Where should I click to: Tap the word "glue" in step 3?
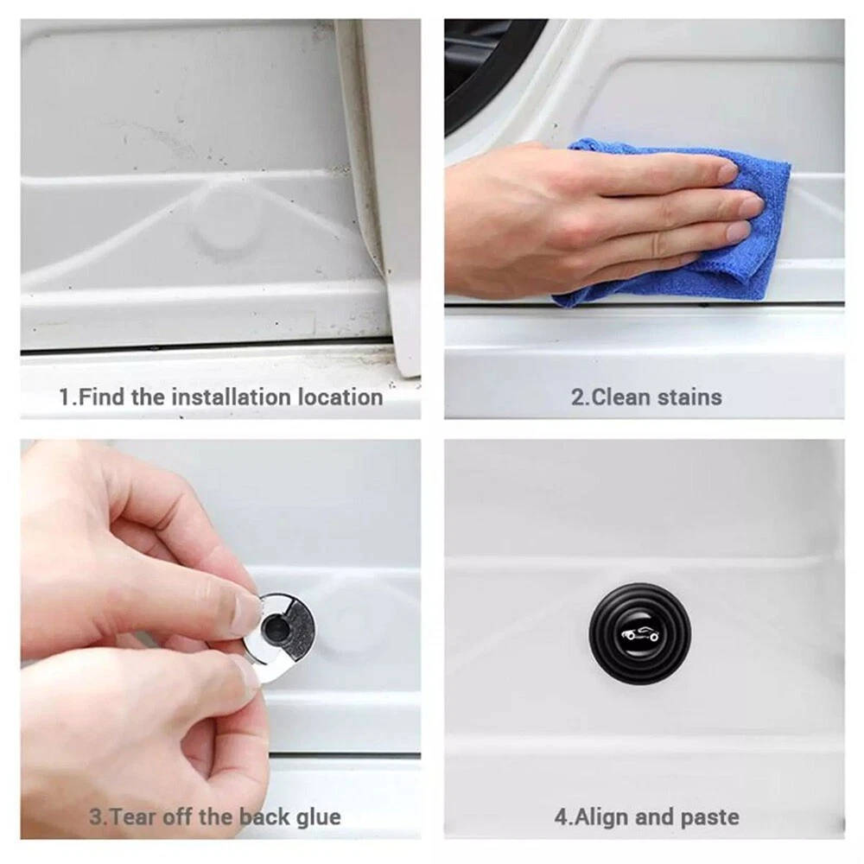[319, 817]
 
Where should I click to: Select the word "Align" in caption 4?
[601, 817]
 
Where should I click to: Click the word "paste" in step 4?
[709, 817]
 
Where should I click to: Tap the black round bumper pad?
[639, 633]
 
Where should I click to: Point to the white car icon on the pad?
[639, 635]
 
